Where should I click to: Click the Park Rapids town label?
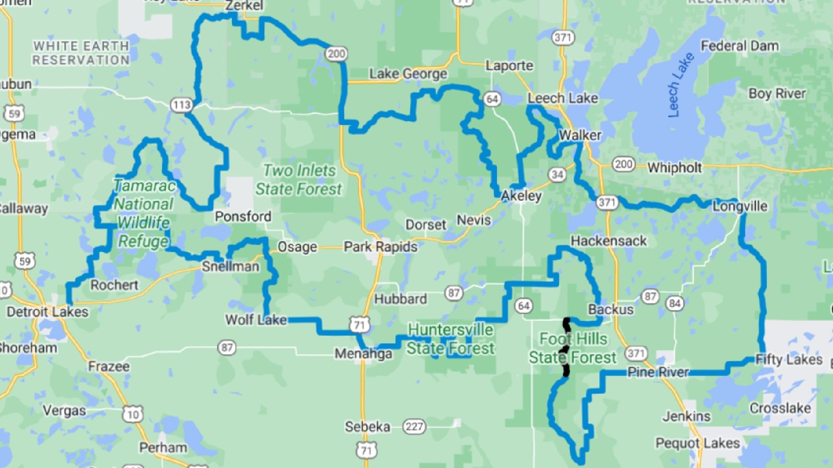click(x=380, y=247)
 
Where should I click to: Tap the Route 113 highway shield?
click(x=181, y=104)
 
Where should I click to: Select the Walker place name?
click(x=580, y=135)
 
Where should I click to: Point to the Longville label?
click(x=740, y=206)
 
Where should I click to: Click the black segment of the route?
click(x=566, y=347)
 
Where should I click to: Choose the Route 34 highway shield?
click(x=558, y=175)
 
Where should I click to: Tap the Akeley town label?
click(x=521, y=196)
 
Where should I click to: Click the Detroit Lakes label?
click(x=47, y=312)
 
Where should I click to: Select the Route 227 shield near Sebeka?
click(x=414, y=427)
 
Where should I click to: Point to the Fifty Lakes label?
click(x=789, y=360)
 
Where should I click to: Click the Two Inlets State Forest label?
click(x=299, y=180)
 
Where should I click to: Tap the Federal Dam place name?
click(x=740, y=46)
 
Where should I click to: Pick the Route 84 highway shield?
click(x=675, y=303)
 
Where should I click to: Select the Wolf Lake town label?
click(x=256, y=320)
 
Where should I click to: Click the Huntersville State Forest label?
click(x=450, y=339)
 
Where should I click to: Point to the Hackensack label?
click(x=608, y=241)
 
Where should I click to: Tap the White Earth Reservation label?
click(x=81, y=53)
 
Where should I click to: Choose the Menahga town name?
click(x=363, y=354)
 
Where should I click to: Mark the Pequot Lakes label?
click(x=697, y=443)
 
